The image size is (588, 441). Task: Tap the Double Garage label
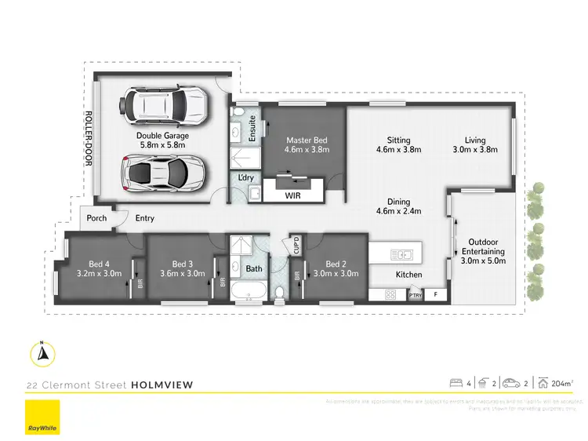click(x=163, y=135)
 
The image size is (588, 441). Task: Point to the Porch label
click(x=97, y=219)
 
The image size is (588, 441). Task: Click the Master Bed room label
click(x=306, y=140)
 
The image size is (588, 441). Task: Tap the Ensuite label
click(x=253, y=127)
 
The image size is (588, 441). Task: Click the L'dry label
click(x=245, y=179)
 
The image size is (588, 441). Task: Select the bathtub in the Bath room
click(x=246, y=295)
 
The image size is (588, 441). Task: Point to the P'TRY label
click(x=416, y=295)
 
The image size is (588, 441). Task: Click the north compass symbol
click(x=43, y=355)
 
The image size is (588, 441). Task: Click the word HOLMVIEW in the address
click(x=162, y=385)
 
